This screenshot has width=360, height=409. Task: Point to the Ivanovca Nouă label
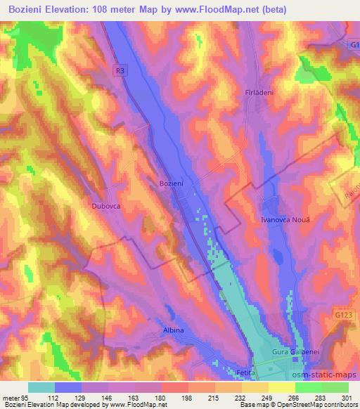[x=280, y=220]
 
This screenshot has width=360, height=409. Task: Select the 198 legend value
[x=188, y=398]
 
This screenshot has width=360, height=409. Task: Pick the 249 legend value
[x=268, y=398]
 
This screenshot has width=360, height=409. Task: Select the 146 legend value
[x=108, y=398]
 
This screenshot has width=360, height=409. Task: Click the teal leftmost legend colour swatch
[x=41, y=387]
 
